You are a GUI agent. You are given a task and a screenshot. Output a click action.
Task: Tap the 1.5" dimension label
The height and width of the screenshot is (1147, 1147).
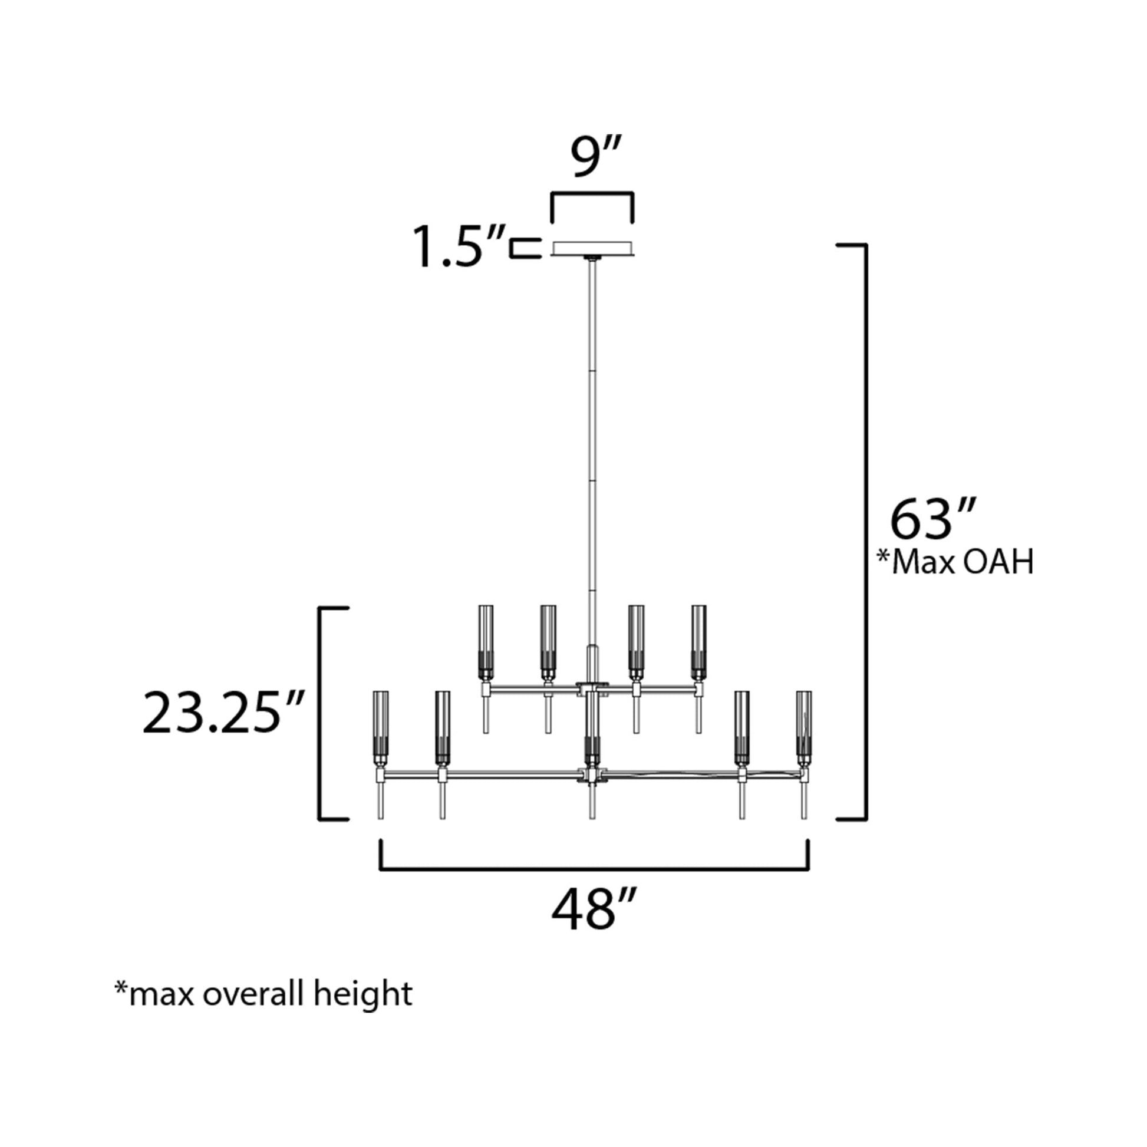point(457,247)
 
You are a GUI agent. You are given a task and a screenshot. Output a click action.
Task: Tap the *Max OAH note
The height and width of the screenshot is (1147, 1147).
point(955,562)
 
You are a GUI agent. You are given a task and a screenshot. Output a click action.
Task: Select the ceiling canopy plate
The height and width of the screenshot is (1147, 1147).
point(592,248)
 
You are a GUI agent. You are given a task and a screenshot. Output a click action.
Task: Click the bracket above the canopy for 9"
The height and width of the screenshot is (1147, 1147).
point(592,193)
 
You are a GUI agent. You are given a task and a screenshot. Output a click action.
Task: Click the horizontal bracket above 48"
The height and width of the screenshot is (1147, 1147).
point(594,870)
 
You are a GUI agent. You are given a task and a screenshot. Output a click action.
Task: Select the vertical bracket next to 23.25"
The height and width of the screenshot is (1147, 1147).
point(322,714)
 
